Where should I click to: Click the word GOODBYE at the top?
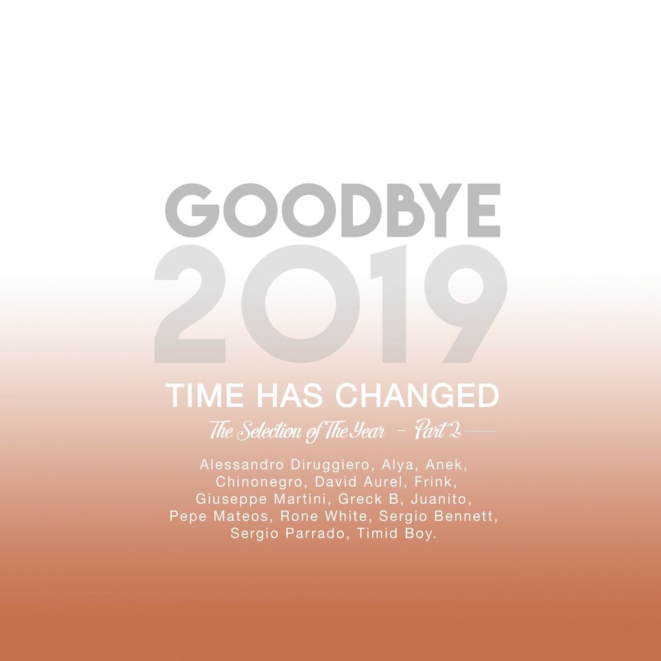(x=332, y=210)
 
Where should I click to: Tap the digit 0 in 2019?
(x=301, y=304)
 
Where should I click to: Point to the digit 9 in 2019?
(x=466, y=304)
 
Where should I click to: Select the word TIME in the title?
(x=205, y=395)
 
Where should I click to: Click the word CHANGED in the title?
(x=417, y=395)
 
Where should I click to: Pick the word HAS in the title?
(x=290, y=395)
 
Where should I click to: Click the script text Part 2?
(x=437, y=431)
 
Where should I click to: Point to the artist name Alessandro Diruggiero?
(x=284, y=465)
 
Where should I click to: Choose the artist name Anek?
(x=444, y=465)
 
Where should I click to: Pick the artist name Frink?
(x=433, y=482)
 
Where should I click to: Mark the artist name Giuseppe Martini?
(x=260, y=500)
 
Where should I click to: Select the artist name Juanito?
(x=439, y=499)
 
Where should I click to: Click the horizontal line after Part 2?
(x=479, y=431)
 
